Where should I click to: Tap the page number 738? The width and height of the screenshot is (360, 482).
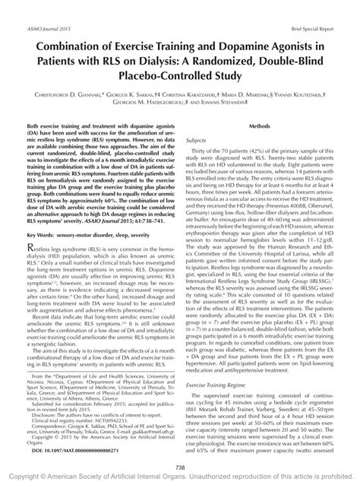click(x=180, y=467)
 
